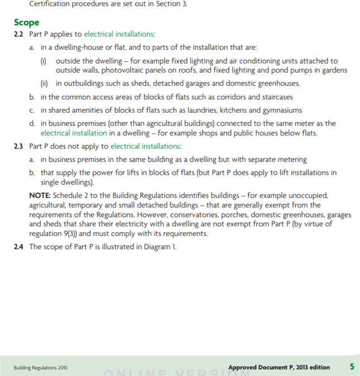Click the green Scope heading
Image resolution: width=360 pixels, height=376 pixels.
point(27,23)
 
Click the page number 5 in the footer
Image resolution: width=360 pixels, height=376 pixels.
point(352,367)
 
